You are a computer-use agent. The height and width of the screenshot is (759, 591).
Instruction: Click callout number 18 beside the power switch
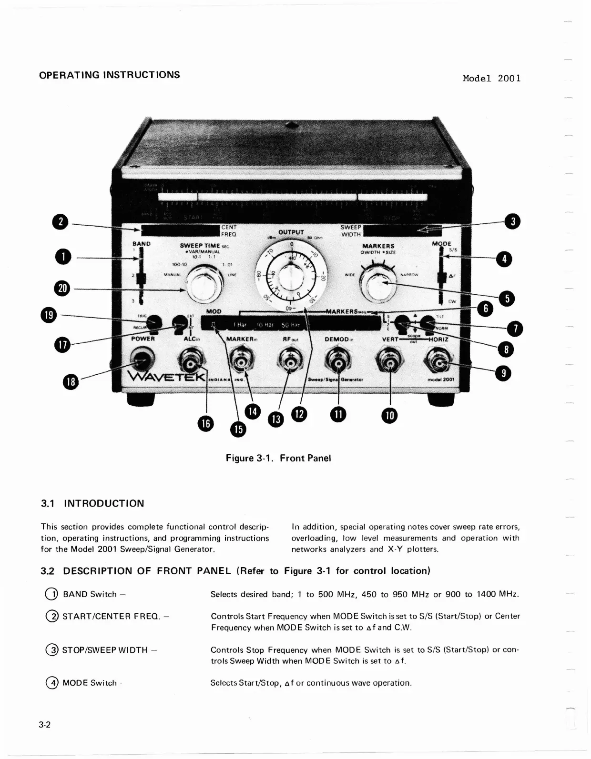coord(71,382)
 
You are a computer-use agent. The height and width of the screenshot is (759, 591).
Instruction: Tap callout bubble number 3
coord(513,221)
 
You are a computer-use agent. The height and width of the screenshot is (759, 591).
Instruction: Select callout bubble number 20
coord(63,288)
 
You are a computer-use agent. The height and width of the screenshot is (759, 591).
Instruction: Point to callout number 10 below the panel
coord(389,416)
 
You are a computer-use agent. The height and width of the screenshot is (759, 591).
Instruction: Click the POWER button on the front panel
coord(141,361)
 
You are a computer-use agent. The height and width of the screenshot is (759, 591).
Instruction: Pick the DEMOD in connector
coord(338,364)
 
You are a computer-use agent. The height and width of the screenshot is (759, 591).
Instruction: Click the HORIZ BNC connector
coord(439,364)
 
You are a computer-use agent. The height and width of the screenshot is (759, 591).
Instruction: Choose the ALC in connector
coord(192,364)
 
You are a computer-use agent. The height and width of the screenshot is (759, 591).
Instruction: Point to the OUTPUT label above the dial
coord(291,232)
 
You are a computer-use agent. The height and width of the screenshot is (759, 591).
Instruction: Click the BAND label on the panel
coord(141,244)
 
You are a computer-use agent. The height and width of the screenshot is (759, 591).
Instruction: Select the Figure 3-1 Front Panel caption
coord(278,458)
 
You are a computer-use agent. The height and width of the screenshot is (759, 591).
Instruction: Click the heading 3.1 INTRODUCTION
coord(92,504)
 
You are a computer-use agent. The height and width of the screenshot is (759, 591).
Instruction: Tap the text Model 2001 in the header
coord(491,79)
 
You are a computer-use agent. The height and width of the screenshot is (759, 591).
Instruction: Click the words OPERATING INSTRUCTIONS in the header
coord(110,75)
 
